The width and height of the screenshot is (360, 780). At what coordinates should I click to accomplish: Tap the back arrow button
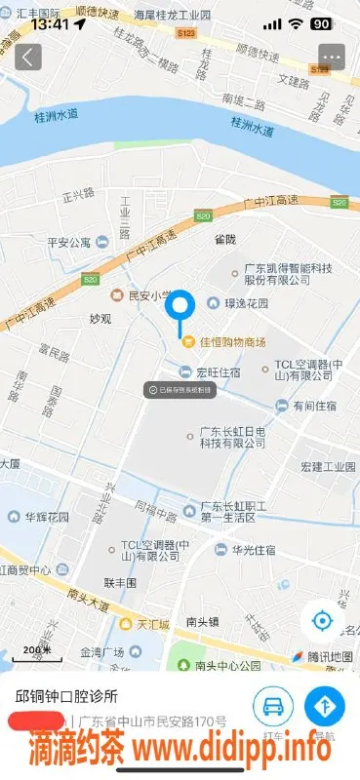(x=28, y=57)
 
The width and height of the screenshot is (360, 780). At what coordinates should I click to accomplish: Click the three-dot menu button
(x=332, y=57)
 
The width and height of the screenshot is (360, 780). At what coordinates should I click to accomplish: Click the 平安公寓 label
(x=68, y=242)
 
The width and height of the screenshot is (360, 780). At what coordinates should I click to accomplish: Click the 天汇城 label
(x=152, y=623)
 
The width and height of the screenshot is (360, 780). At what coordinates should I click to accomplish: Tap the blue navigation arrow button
(x=325, y=705)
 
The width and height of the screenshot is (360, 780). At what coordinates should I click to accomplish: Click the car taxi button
(x=274, y=705)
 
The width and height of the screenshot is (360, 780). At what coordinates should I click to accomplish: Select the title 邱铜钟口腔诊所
(x=66, y=696)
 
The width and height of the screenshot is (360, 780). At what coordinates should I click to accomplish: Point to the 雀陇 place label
(x=225, y=237)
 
